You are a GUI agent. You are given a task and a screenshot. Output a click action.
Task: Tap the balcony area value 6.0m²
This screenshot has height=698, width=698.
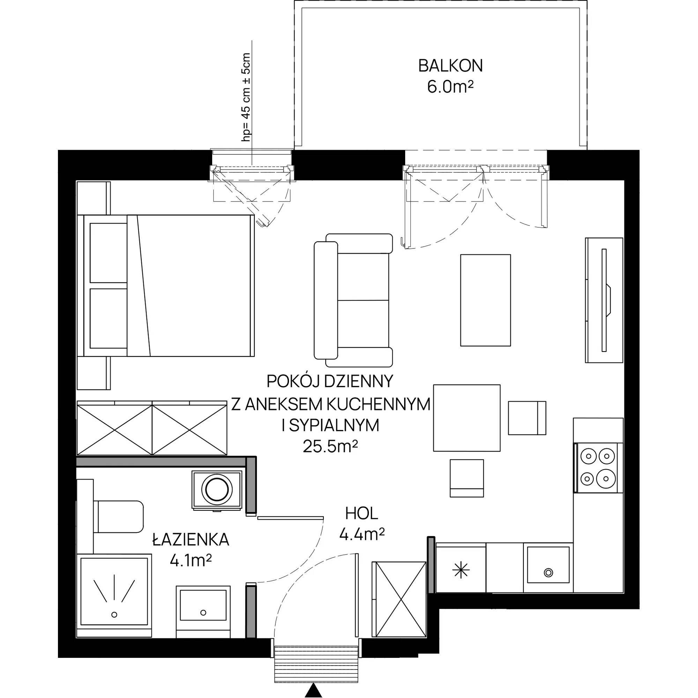(450, 88)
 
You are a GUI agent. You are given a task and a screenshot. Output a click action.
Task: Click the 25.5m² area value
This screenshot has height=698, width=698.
(331, 447)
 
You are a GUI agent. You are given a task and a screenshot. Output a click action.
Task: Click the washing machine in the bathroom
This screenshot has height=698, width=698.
(217, 491)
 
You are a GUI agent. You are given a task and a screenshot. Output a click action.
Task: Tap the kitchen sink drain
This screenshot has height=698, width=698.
(549, 572)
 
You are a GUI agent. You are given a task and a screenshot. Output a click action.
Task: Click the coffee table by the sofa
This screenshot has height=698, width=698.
(485, 300)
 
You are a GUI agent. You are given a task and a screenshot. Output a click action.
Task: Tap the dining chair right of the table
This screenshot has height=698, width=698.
(527, 418)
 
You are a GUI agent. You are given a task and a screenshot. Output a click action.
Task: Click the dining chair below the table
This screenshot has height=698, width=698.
(467, 478)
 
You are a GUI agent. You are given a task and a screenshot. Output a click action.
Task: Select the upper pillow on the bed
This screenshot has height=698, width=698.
(108, 253)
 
